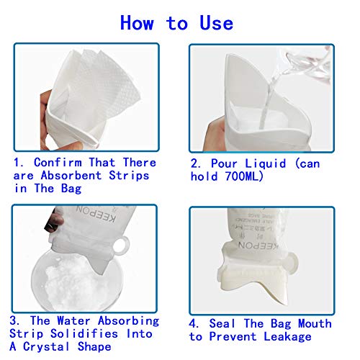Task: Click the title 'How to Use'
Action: coord(176,22)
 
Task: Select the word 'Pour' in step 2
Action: coord(222,163)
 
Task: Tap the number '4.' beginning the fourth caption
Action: coord(195,323)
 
